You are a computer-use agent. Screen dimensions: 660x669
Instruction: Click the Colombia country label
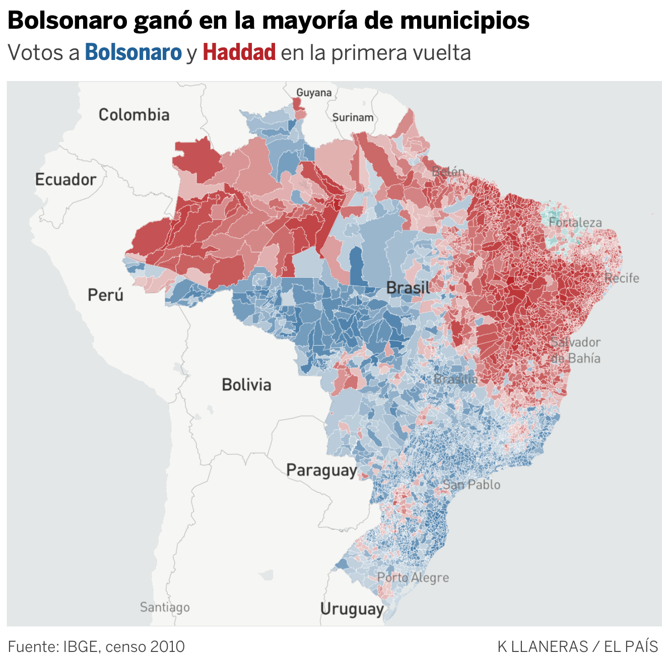pos(134,115)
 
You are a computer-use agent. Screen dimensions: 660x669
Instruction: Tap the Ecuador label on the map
pos(65,179)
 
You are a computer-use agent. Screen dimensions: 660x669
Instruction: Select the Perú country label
pos(105,294)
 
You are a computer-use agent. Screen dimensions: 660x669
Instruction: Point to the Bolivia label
pos(246,384)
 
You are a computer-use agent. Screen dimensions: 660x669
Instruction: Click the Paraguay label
pos(321,470)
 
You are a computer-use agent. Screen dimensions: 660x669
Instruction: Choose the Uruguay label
pos(352,609)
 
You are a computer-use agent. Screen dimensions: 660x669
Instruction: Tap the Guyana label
pos(314,93)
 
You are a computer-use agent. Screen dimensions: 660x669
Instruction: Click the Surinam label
pos(353,117)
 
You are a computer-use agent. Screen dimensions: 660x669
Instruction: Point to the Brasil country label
pos(408,288)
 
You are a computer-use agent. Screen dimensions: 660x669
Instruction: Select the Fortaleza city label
pos(575,222)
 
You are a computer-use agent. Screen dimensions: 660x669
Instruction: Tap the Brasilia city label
pos(455,379)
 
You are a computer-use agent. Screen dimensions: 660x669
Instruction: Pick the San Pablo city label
pos(472,485)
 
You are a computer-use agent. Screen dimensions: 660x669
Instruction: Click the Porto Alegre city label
pos(413,577)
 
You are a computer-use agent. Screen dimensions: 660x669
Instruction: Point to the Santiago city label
pos(165,607)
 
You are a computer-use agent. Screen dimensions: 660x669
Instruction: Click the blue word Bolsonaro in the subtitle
pos(133,52)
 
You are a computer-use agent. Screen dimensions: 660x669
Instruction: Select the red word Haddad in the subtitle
pos(239,52)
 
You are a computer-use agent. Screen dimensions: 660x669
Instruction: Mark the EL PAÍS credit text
pos(631,646)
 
